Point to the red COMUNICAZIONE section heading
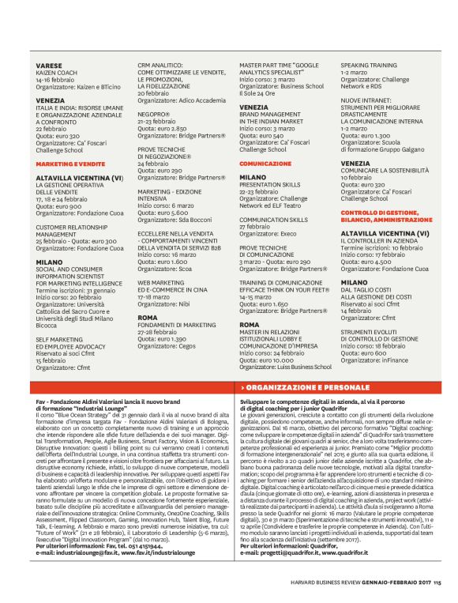click(265, 163)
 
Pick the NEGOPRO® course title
click(153, 115)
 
